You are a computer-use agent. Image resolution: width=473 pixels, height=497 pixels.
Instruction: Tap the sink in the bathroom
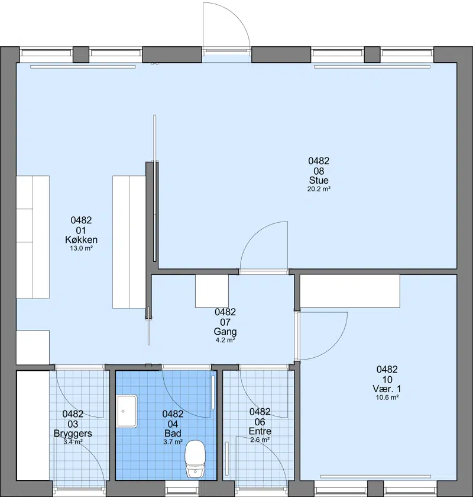(127, 411)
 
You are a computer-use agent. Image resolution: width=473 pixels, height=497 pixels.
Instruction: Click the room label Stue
(319, 180)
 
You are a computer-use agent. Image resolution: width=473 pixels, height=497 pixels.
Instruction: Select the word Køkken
(82, 240)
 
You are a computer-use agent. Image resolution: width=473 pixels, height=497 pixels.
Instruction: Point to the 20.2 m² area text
(319, 189)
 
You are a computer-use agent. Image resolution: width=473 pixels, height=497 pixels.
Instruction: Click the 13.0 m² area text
(82, 249)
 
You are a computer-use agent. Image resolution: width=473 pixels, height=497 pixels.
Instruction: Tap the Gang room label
(225, 332)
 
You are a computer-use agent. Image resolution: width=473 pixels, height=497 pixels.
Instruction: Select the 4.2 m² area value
(225, 341)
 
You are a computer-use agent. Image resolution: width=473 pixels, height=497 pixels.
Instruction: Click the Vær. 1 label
(387, 389)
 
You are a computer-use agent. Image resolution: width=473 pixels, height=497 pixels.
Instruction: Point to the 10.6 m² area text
(387, 397)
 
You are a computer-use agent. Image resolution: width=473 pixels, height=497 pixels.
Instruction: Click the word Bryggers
(73, 434)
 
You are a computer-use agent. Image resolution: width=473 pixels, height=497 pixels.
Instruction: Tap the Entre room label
(260, 431)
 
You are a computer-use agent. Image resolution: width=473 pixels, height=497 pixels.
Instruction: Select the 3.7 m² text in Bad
(173, 442)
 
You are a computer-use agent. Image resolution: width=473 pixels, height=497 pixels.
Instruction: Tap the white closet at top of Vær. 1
(349, 291)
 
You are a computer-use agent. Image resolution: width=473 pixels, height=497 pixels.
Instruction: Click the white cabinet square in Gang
(212, 291)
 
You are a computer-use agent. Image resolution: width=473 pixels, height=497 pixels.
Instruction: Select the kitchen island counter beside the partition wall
(129, 242)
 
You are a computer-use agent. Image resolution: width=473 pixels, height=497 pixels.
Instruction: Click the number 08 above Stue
(319, 171)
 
